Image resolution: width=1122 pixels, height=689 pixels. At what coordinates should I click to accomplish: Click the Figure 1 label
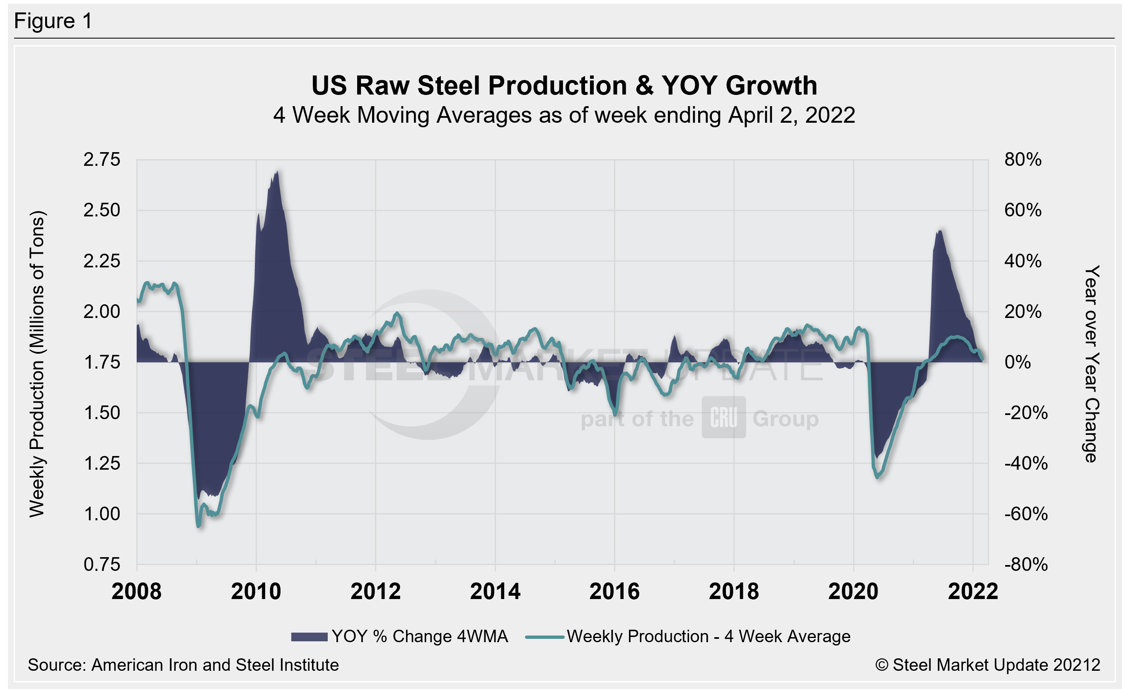(x=53, y=21)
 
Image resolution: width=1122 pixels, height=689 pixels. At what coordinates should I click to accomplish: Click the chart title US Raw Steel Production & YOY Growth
(x=564, y=86)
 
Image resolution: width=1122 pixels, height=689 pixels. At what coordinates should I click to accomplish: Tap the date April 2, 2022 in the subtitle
(x=791, y=115)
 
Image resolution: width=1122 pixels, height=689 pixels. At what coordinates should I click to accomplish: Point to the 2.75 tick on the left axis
(x=102, y=160)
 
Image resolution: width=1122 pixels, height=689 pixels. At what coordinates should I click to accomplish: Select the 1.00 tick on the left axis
(x=102, y=514)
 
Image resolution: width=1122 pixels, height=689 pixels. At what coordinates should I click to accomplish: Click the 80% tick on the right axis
(x=1023, y=160)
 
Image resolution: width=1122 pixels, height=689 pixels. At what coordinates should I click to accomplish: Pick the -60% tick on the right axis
(x=1025, y=514)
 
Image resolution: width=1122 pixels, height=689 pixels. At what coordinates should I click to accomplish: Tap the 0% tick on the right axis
(x=1017, y=362)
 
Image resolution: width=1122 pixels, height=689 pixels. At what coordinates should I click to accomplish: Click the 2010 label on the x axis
(x=256, y=592)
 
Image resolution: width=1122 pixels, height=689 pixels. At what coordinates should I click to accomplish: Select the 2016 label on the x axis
(x=614, y=592)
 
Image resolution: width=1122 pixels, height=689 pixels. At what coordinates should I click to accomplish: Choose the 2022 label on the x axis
(x=973, y=592)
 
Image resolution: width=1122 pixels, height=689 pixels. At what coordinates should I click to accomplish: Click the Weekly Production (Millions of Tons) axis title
(x=37, y=364)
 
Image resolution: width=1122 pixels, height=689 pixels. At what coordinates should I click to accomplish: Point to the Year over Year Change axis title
(x=1091, y=364)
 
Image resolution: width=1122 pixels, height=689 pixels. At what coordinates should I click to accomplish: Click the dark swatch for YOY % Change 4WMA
(x=309, y=637)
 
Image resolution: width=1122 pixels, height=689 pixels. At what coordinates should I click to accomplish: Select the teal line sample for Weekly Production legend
(x=544, y=637)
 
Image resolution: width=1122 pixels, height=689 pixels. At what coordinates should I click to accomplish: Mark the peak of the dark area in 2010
(x=277, y=172)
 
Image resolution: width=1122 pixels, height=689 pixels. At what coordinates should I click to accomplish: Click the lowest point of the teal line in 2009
(x=198, y=526)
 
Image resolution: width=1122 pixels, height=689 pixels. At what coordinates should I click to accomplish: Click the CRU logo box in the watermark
(x=723, y=417)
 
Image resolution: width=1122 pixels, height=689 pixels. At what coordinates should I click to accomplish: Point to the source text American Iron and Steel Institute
(x=215, y=665)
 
